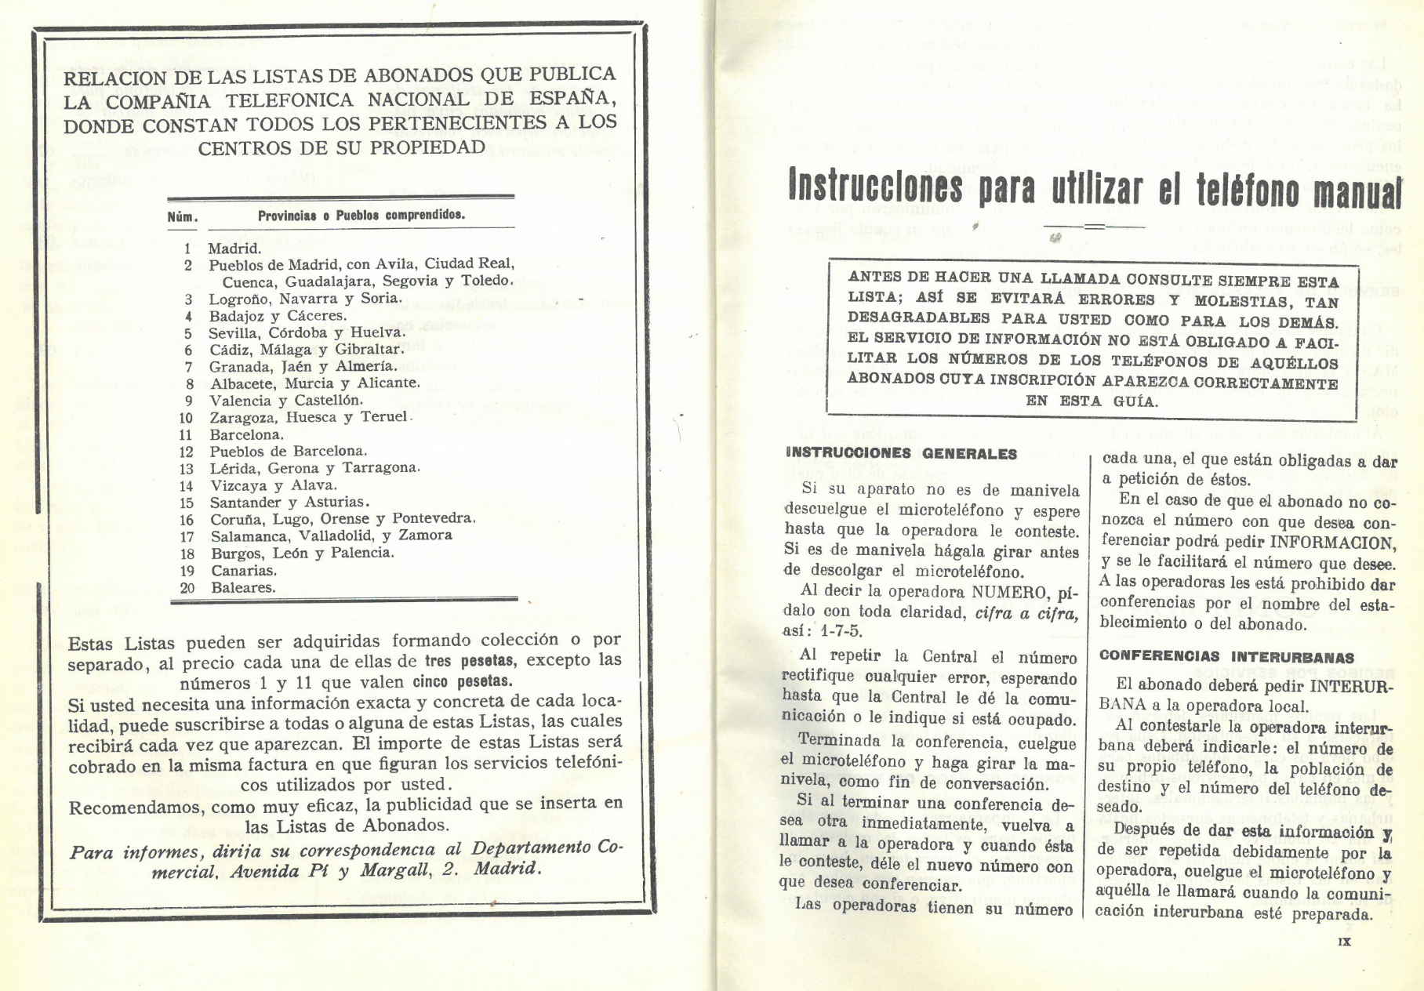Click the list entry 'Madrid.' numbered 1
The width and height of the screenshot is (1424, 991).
(234, 249)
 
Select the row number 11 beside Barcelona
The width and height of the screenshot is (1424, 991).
(186, 434)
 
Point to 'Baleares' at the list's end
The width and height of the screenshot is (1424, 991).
(243, 587)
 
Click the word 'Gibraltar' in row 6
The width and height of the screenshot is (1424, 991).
(369, 350)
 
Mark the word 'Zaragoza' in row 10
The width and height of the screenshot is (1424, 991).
(243, 417)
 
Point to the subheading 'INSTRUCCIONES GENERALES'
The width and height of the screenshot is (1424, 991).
(901, 453)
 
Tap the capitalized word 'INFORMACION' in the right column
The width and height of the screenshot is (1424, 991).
(1332, 542)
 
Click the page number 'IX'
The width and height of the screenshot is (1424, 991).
(1343, 942)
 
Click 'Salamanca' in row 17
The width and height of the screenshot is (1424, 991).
(248, 536)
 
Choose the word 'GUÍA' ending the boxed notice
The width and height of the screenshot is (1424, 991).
(1135, 401)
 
